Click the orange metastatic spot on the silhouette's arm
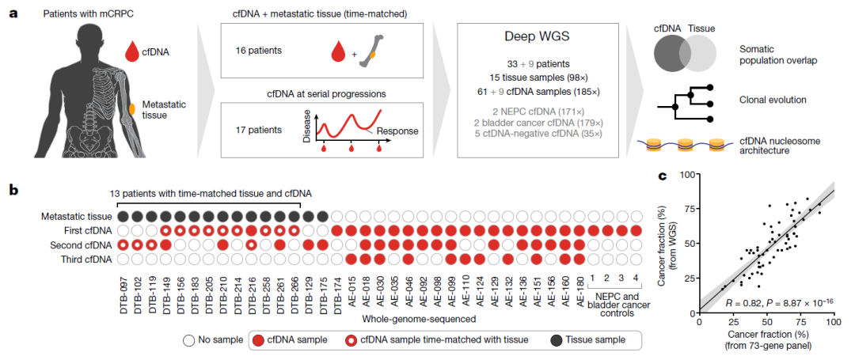(132, 108)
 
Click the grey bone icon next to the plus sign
(374, 53)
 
